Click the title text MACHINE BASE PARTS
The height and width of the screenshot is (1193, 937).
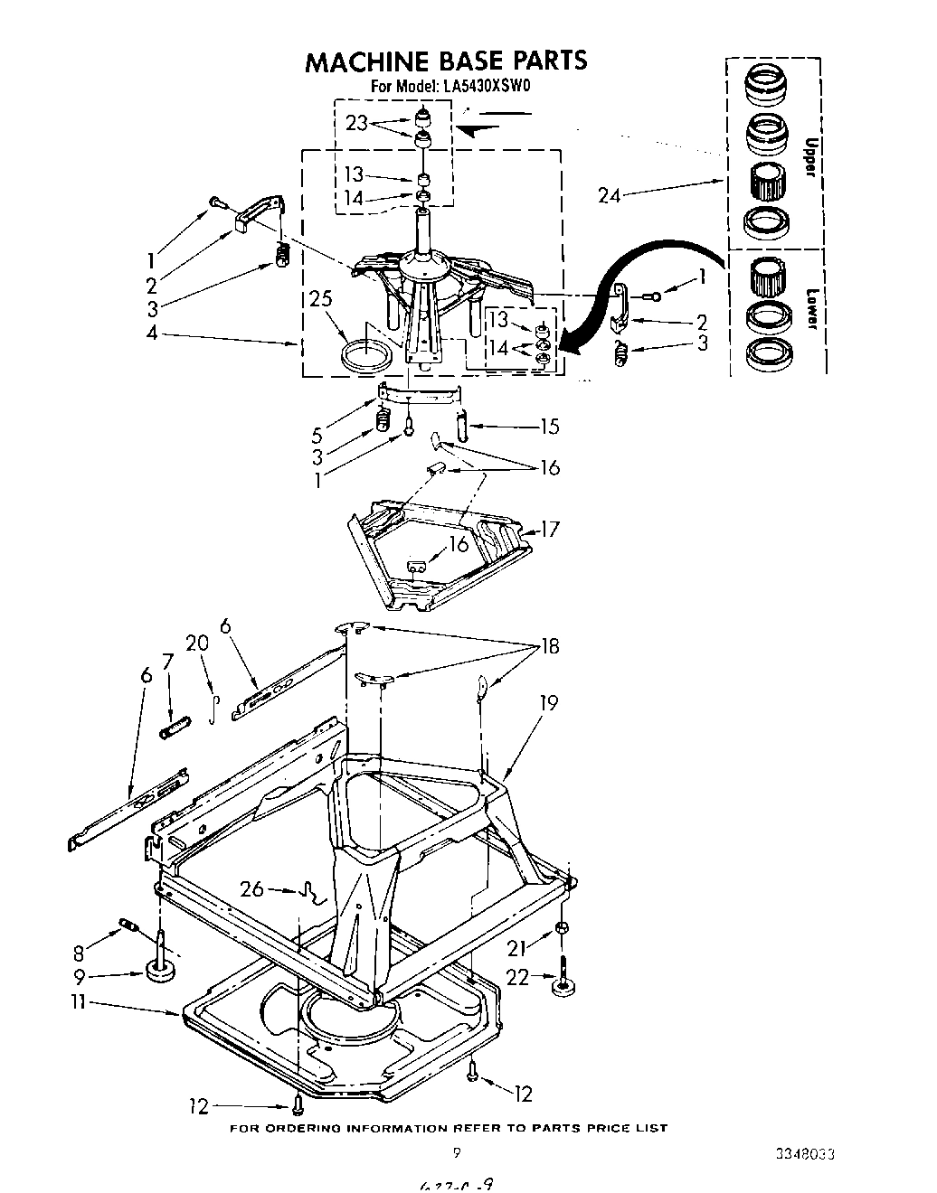tap(446, 61)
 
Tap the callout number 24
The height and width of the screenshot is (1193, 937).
tap(610, 194)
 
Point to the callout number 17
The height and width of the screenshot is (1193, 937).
tap(549, 529)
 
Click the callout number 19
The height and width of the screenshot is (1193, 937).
tap(548, 702)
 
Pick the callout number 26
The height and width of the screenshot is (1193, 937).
tap(252, 889)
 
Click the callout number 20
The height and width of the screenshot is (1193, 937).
tap(196, 643)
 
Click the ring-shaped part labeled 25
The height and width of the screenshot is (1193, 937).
tap(368, 353)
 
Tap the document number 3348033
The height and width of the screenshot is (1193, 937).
tap(804, 1154)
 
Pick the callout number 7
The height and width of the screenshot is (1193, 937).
tap(167, 662)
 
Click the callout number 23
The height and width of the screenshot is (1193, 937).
tap(356, 123)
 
